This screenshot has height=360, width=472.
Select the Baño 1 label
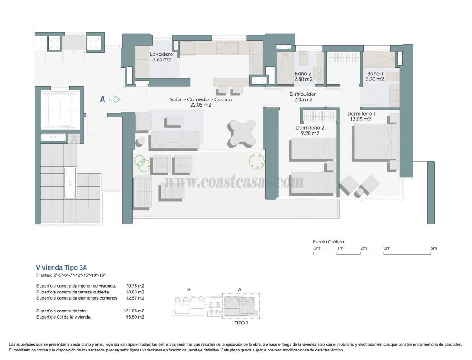coord(375,76)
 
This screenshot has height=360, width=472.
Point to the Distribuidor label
coord(303,97)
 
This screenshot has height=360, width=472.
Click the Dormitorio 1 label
coord(365,117)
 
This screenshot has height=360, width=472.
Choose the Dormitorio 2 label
coord(310,130)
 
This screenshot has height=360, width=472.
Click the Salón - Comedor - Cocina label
coord(201,102)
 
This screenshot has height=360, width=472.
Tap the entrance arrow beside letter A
coord(115,99)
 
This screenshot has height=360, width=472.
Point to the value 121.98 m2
coord(136,310)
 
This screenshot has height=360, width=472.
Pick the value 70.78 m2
coord(136,285)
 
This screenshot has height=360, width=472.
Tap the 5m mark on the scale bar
coord(433,248)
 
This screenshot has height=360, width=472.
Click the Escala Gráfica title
coord(328,242)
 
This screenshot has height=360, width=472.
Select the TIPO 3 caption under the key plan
coord(241,323)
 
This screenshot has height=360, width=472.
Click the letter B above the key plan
coord(189,289)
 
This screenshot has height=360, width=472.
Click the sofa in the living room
coord(175,139)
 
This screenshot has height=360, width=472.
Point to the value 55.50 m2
coord(136,317)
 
